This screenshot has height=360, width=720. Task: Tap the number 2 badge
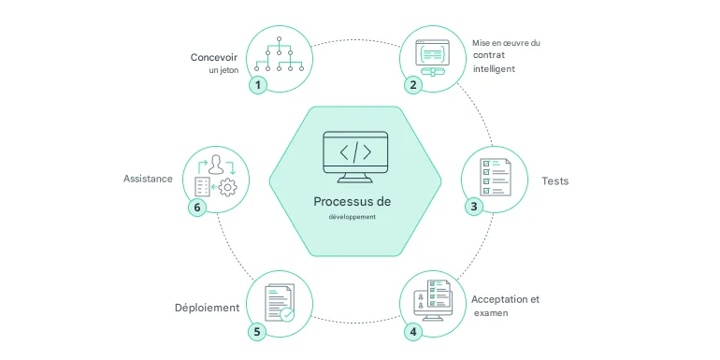click(412, 84)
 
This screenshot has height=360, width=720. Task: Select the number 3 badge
click(474, 206)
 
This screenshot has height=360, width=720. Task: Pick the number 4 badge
click(412, 330)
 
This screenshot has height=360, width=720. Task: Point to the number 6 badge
click(196, 207)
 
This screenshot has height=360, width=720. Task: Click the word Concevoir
click(213, 57)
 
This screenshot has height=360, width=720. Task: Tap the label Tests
click(554, 180)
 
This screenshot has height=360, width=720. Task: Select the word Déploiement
click(207, 308)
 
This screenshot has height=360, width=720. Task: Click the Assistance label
click(148, 179)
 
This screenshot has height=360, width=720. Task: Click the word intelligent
click(493, 69)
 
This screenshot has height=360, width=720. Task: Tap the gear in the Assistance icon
click(226, 188)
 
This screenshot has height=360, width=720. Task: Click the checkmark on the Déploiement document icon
click(287, 315)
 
